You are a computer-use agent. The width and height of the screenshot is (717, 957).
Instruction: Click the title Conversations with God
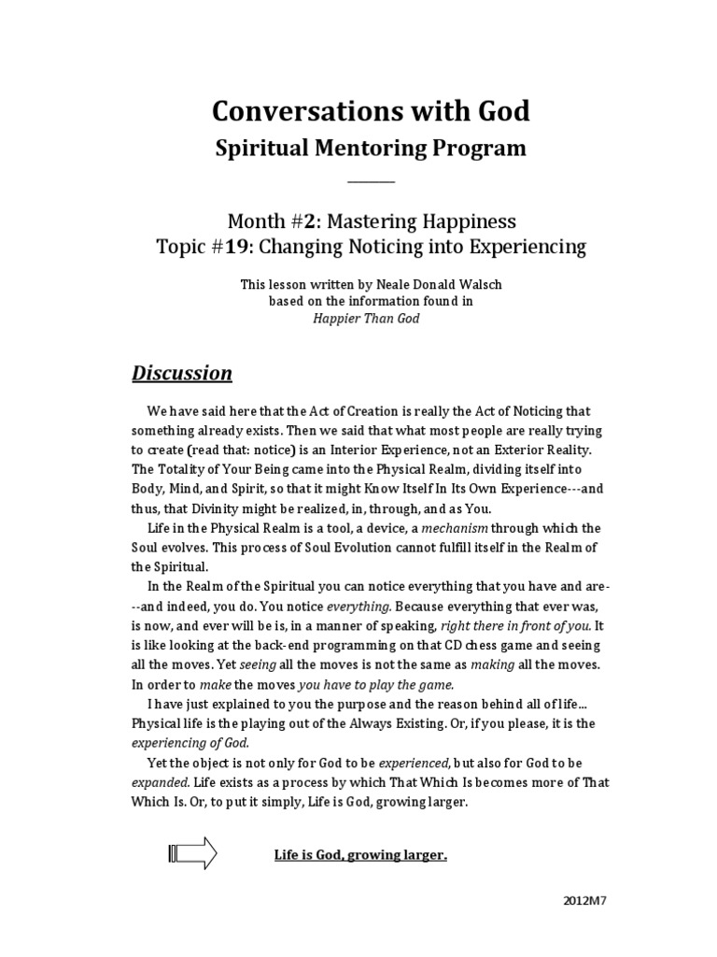tap(371, 112)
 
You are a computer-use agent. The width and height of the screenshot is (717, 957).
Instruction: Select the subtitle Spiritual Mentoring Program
tap(371, 148)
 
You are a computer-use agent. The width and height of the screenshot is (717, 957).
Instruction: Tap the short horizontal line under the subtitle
tap(371, 181)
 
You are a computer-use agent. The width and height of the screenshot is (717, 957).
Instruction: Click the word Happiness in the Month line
tap(463, 221)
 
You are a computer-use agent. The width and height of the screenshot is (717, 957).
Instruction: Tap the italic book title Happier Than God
tap(371, 319)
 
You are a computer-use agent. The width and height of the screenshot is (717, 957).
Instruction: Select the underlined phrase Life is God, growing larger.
tap(360, 854)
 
